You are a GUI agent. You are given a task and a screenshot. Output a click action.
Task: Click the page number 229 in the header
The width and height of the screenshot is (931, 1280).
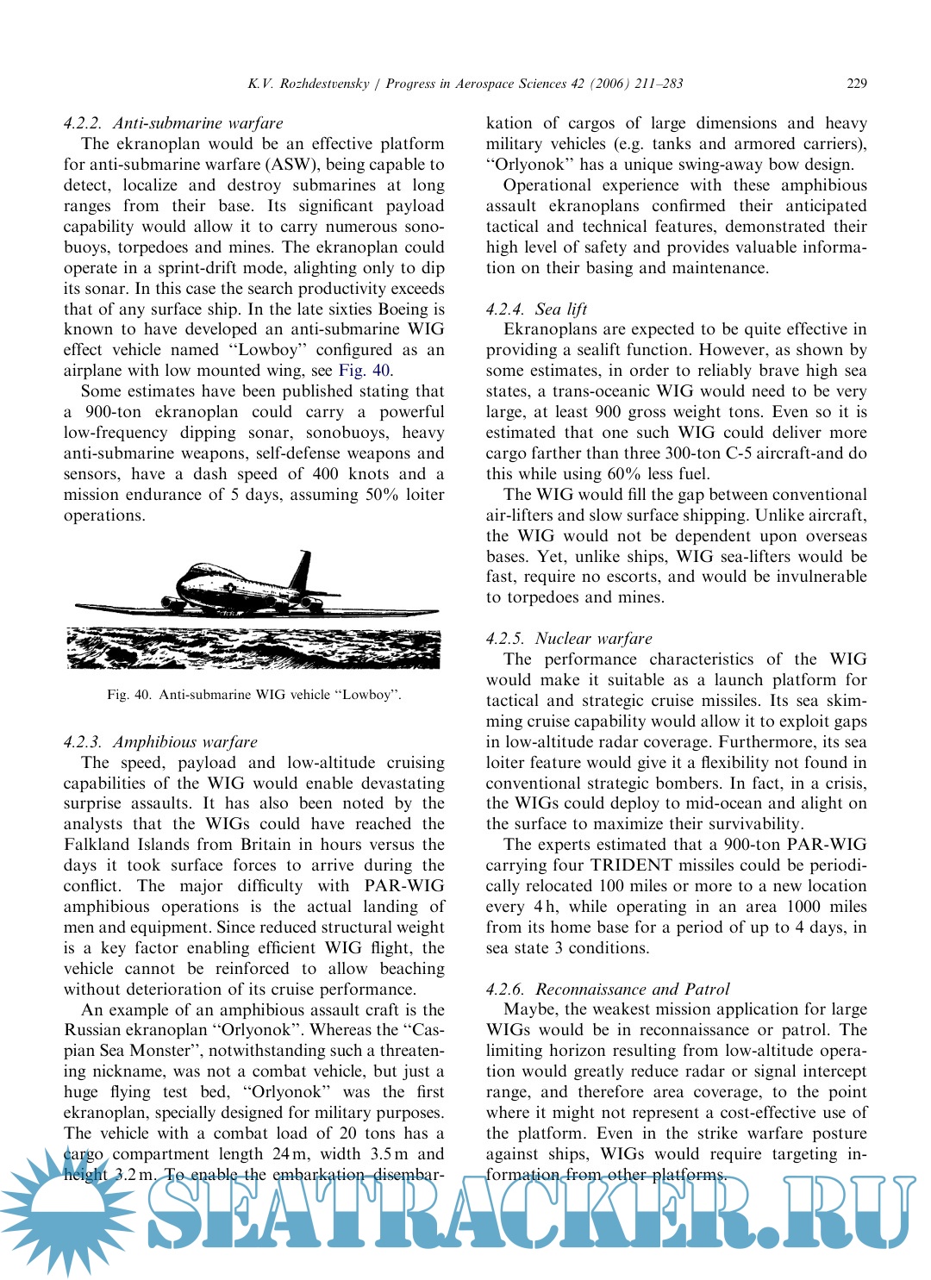(x=856, y=84)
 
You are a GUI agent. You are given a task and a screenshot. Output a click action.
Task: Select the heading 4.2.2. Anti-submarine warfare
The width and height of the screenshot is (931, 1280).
(x=173, y=123)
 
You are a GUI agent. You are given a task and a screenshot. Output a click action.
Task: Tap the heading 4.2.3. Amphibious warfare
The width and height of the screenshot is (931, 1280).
(x=160, y=742)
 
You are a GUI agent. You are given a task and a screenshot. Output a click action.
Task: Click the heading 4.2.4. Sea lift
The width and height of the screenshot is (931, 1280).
(x=536, y=309)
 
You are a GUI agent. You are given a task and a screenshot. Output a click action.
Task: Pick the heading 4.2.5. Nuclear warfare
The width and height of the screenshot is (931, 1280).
(x=569, y=639)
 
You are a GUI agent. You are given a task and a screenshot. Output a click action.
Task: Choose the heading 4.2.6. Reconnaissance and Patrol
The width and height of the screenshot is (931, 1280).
(x=608, y=990)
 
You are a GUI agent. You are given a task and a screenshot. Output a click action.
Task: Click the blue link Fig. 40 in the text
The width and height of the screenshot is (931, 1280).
(x=364, y=371)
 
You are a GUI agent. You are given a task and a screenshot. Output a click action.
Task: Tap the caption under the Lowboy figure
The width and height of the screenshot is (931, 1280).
(x=254, y=695)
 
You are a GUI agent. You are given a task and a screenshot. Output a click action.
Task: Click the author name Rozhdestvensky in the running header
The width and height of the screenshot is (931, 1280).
(x=323, y=84)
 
